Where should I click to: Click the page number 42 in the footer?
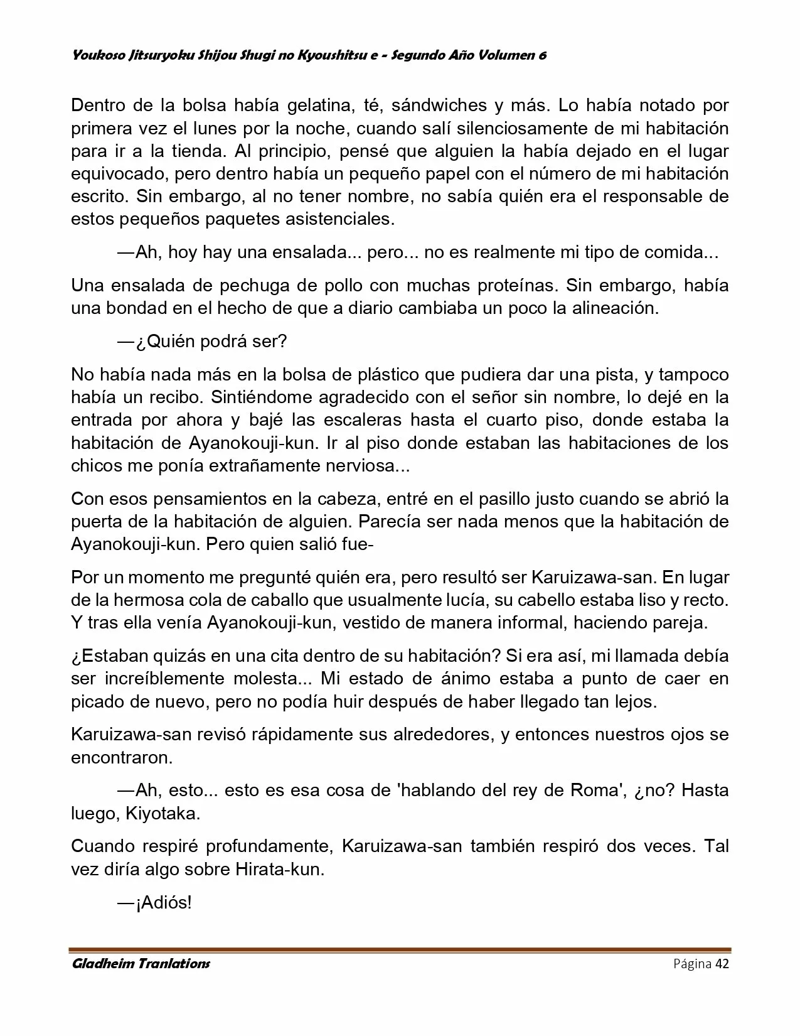tap(722, 964)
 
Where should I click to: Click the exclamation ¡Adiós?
tap(163, 903)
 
